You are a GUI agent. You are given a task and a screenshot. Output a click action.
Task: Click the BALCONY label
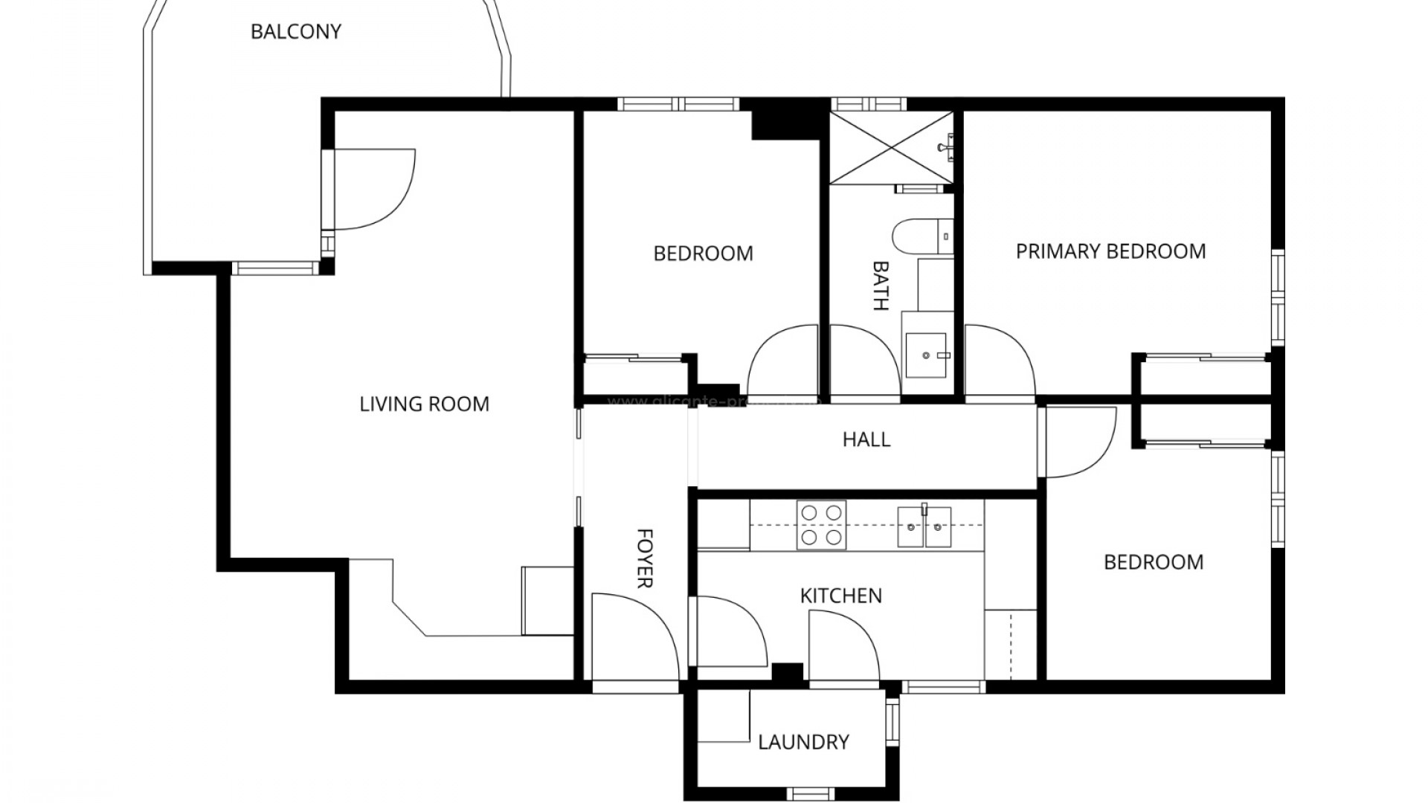pos(295,32)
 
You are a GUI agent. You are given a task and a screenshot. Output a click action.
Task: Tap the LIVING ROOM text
pos(424,404)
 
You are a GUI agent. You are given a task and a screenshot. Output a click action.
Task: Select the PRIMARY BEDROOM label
pos(1110,251)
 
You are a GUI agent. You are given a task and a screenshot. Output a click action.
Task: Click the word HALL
pos(866,439)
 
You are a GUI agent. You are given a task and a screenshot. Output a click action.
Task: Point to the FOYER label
pos(645,558)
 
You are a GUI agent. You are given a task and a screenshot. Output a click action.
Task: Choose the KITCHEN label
pos(840,596)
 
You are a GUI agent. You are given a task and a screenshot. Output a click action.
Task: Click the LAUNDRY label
pos(803,742)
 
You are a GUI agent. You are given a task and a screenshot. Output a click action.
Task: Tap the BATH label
pos(880,285)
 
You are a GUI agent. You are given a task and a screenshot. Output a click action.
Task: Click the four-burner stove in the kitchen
pos(821,524)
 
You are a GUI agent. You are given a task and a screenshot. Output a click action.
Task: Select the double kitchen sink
pos(924,526)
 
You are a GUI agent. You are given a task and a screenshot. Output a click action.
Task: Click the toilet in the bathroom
pos(921,237)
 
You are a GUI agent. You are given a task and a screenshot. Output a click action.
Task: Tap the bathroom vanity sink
pos(926,355)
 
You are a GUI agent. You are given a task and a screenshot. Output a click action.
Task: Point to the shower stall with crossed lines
pos(890,147)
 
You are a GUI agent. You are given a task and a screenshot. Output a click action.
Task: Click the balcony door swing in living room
pos(372,190)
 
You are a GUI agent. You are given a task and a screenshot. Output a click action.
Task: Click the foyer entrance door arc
pos(634,636)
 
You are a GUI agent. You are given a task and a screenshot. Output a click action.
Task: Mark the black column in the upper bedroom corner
pos(788,119)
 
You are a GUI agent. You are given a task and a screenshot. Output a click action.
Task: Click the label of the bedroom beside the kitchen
pos(1153,562)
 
